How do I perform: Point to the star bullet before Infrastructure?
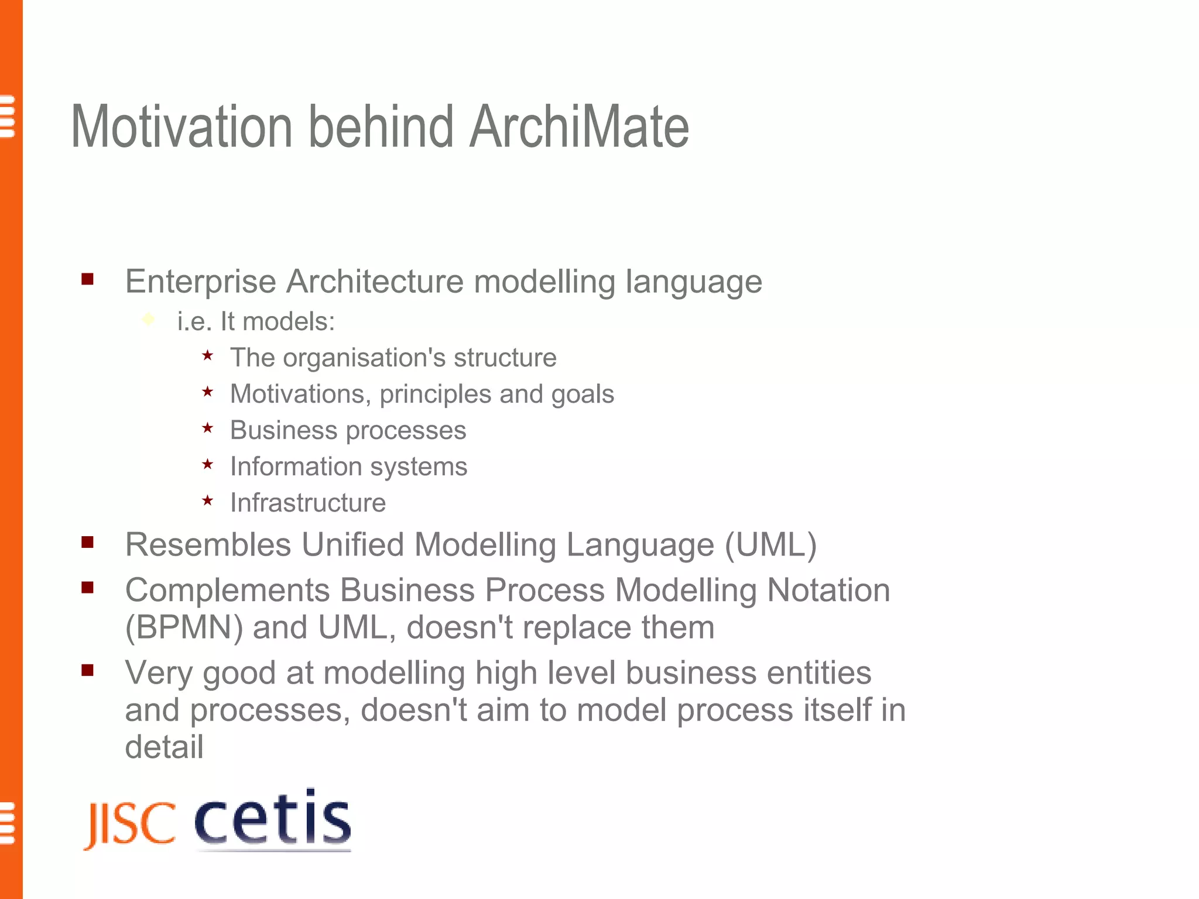pyautogui.click(x=207, y=501)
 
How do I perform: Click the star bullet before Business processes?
pyautogui.click(x=207, y=428)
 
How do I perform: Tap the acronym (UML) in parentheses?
pyautogui.click(x=770, y=545)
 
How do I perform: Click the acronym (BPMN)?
pyautogui.click(x=184, y=627)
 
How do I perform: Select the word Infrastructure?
pyautogui.click(x=308, y=503)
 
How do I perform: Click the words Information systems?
pyautogui.click(x=349, y=466)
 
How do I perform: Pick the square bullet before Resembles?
pyautogui.click(x=88, y=543)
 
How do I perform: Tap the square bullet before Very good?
pyautogui.click(x=88, y=670)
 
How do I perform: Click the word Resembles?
pyautogui.click(x=208, y=545)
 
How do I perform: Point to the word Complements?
pyautogui.click(x=227, y=590)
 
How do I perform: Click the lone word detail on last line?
pyautogui.click(x=164, y=747)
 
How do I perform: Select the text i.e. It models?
pyautogui.click(x=256, y=321)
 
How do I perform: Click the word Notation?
pyautogui.click(x=828, y=590)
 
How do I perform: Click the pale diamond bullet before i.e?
pyautogui.click(x=149, y=320)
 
